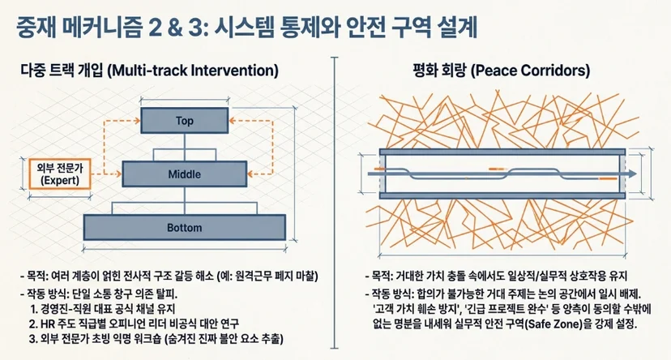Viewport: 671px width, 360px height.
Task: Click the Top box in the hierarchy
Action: click(185, 120)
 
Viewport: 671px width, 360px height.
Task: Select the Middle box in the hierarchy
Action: click(185, 174)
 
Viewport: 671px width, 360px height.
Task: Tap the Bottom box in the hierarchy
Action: click(185, 227)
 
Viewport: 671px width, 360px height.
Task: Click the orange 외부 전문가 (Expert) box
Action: click(60, 174)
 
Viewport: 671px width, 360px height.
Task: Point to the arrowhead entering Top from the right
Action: click(232, 120)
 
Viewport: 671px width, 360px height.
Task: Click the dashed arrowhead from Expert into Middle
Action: click(118, 174)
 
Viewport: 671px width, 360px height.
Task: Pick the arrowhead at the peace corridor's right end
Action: click(633, 174)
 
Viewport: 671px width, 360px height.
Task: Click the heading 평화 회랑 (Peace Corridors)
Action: click(501, 71)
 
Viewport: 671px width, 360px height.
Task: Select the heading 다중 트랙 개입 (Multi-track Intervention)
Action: click(149, 71)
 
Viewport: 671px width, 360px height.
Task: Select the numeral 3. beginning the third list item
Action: click(33, 339)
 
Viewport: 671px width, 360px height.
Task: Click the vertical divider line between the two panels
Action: click(334, 203)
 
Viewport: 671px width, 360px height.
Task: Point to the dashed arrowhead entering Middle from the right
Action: click(251, 174)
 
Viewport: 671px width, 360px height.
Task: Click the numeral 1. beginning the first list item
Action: click(33, 309)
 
